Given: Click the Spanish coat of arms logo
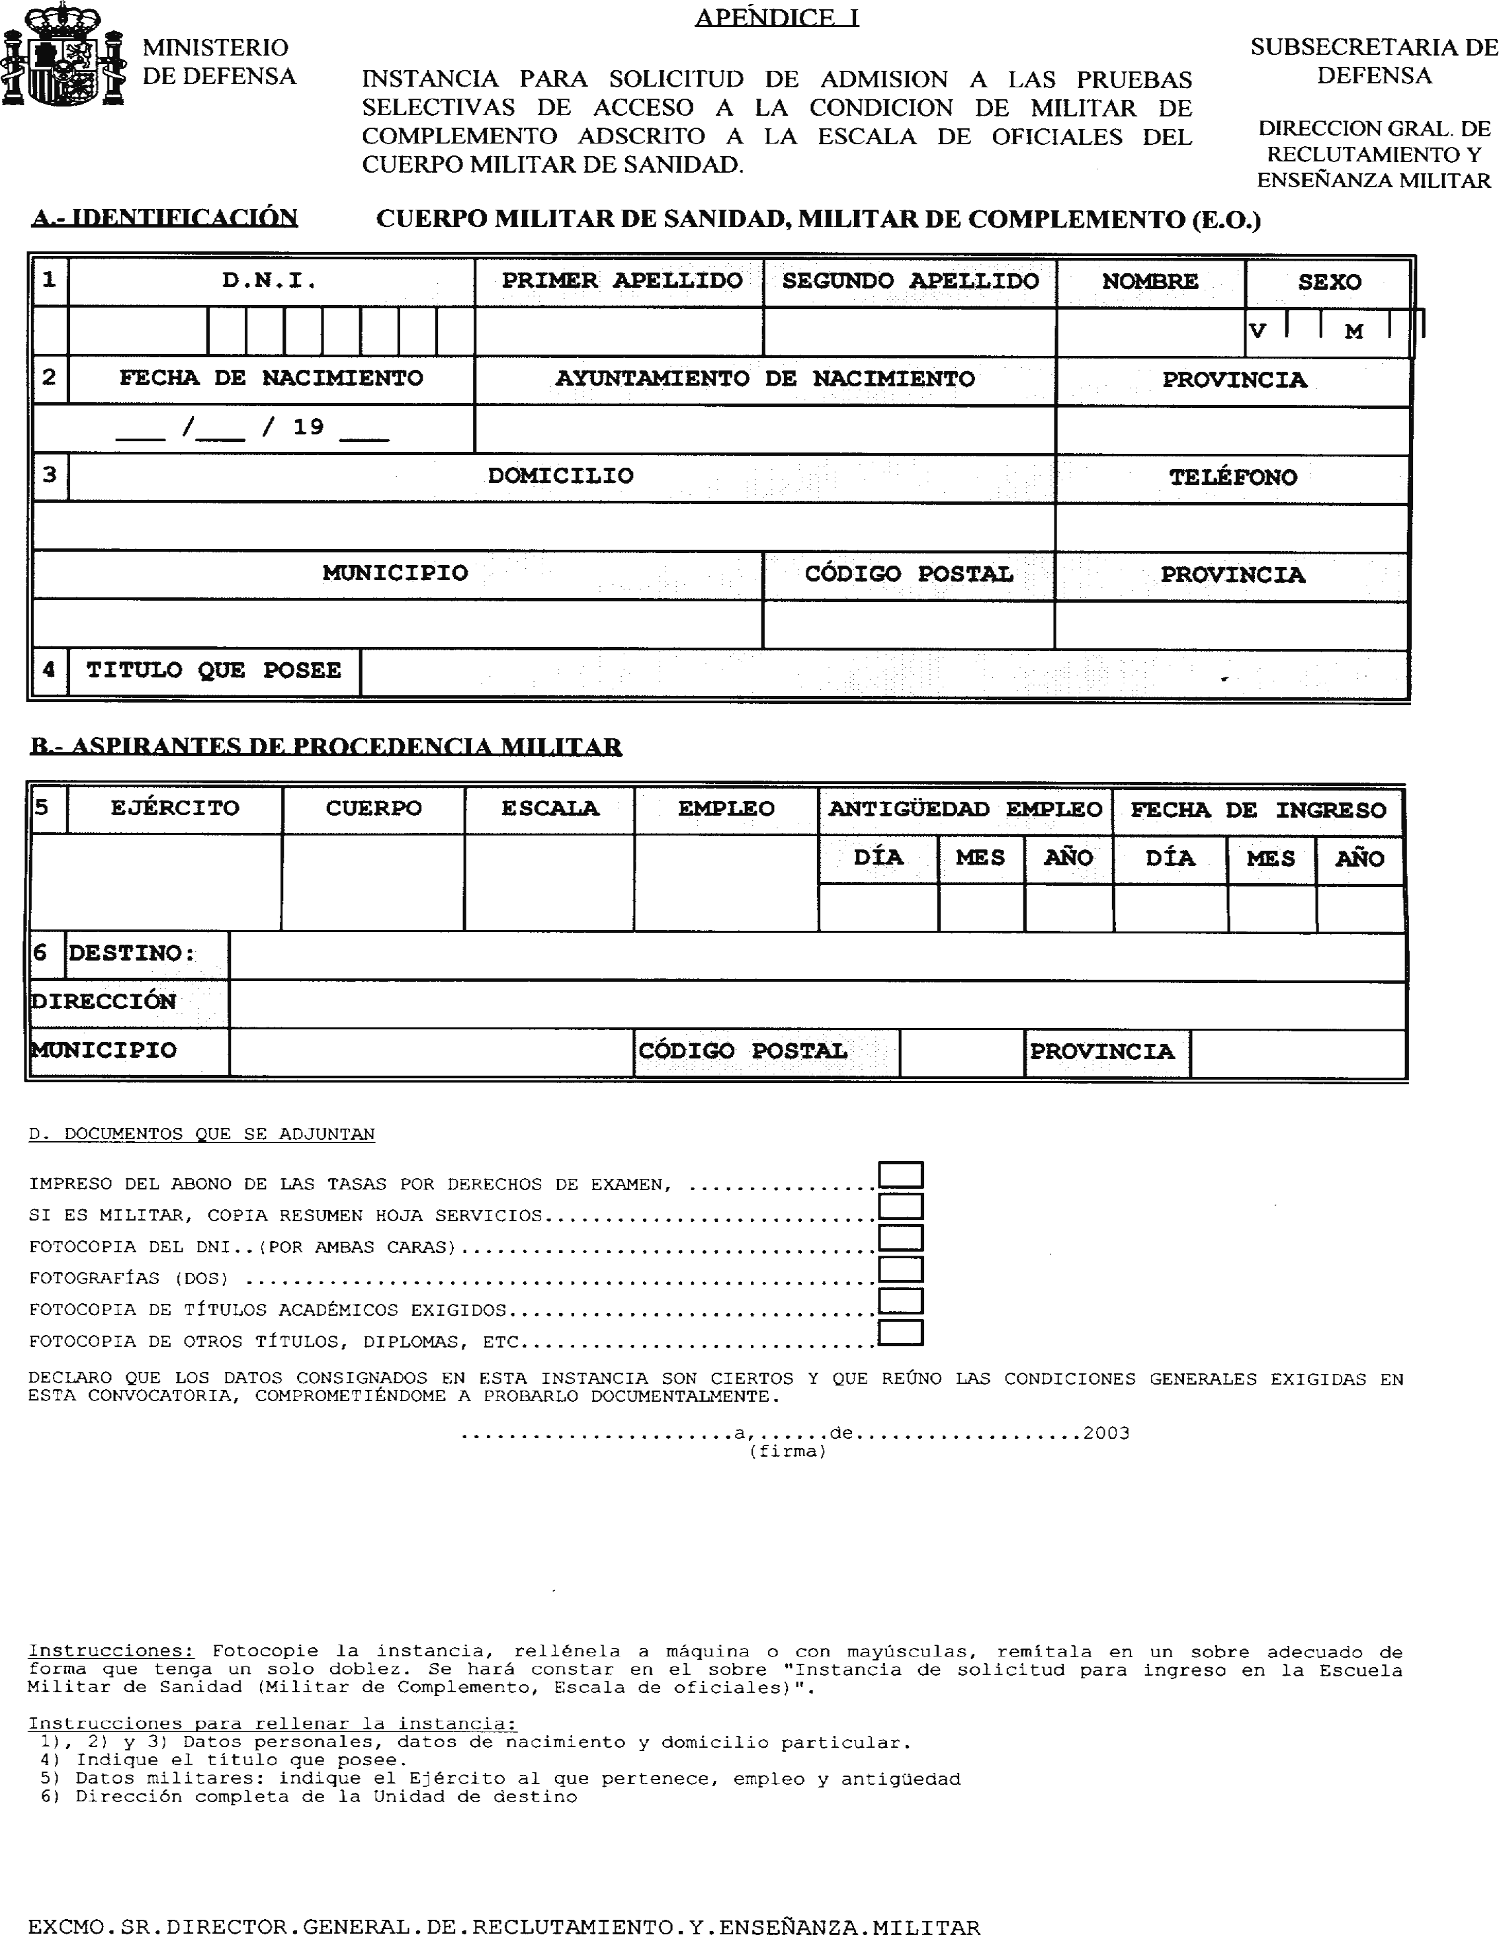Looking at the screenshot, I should [x=62, y=55].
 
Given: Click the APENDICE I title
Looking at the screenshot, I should [x=776, y=18].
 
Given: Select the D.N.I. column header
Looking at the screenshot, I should [x=269, y=282].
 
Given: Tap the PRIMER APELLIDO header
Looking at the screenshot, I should [x=622, y=282].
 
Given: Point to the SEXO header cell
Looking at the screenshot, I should [x=1329, y=282].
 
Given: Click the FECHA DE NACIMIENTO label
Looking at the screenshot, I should [x=271, y=379].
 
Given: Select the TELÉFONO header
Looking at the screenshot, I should [x=1232, y=478].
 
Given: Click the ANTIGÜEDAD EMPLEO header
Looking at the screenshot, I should [x=964, y=810].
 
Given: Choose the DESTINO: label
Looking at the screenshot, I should [x=131, y=954].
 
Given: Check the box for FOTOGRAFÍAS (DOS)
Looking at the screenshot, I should [x=901, y=1269].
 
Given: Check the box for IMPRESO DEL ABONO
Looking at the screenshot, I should [x=901, y=1175].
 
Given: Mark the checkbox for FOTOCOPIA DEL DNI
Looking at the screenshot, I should [x=901, y=1238].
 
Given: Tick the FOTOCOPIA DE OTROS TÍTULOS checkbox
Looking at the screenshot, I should [x=901, y=1332].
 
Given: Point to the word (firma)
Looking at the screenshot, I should [x=788, y=1451].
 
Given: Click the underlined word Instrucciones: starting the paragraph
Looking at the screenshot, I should [x=110, y=1651].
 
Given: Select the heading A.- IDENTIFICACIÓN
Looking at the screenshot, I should [x=165, y=218].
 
